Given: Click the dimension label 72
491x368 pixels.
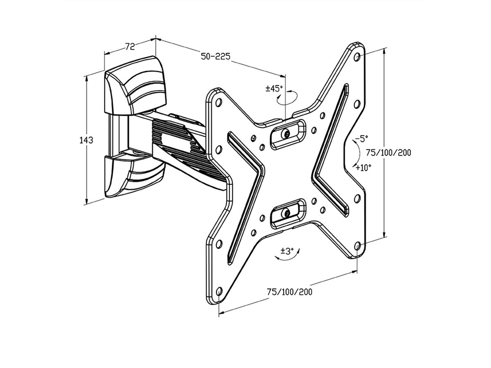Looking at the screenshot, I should point(130,47).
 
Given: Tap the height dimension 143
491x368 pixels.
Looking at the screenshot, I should point(86,140).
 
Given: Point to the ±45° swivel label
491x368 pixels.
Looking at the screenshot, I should point(274,89).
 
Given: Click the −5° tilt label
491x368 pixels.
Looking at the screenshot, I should point(362,139).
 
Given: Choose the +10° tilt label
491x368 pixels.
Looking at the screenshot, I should point(363,168).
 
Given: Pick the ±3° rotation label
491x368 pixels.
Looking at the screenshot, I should point(288,251).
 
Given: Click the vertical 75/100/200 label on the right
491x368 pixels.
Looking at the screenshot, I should point(388,153).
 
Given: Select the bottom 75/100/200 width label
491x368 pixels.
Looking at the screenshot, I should point(289,292).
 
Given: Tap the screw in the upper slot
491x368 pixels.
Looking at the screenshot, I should point(287,133).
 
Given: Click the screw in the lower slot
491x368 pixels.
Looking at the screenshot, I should point(287,213).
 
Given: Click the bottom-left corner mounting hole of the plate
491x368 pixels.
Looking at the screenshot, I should point(218,290).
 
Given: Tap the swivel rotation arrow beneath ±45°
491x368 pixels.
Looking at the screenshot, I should point(286,99).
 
